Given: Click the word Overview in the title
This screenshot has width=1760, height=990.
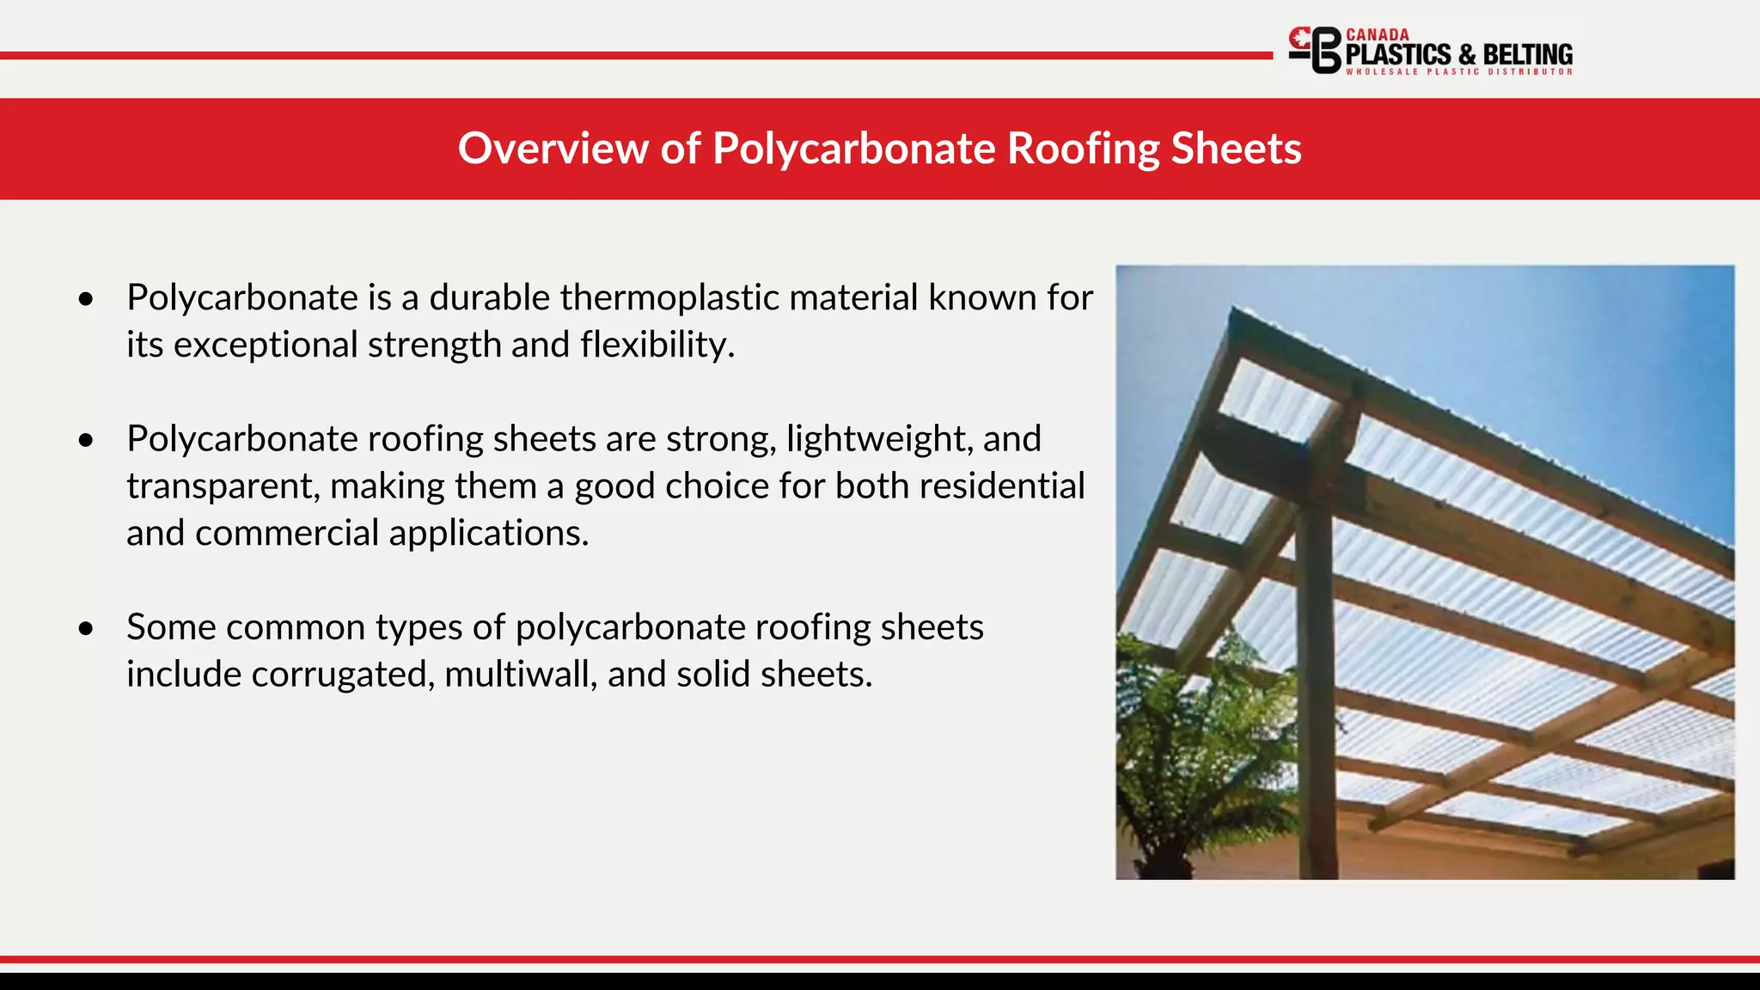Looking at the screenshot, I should click(x=553, y=148).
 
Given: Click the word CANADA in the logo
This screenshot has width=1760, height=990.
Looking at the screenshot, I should click(x=1377, y=34).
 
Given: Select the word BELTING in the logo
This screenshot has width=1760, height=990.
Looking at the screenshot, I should click(x=1527, y=55).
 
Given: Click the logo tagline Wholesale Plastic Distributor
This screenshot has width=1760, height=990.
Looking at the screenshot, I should click(x=1458, y=72).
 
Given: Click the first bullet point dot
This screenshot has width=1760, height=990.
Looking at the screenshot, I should click(x=85, y=299).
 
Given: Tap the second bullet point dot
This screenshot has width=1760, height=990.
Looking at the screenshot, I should click(x=85, y=440).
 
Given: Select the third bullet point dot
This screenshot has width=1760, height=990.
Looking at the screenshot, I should click(x=85, y=628).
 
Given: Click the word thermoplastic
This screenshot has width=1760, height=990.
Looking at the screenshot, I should click(x=669, y=297).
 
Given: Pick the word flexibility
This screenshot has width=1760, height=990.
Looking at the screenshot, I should click(x=657, y=345).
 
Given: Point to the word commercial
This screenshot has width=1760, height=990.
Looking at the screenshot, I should click(x=286, y=533).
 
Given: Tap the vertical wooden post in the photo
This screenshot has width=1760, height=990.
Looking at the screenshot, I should click(x=1315, y=687).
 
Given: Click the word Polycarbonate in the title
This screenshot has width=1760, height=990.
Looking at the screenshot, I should click(x=853, y=148).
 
